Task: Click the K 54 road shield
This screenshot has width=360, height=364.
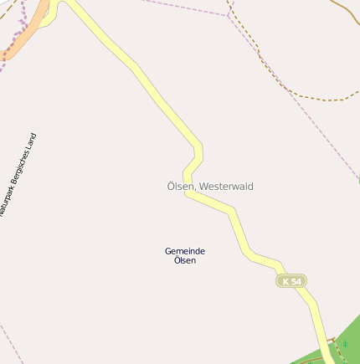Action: (x=291, y=281)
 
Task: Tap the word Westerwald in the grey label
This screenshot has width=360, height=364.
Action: (x=228, y=187)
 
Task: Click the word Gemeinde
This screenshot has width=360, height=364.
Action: (x=185, y=251)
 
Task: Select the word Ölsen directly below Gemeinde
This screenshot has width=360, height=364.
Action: (x=185, y=260)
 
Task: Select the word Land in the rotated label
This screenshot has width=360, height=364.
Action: (x=32, y=140)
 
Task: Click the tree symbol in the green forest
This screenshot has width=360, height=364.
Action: (x=345, y=344)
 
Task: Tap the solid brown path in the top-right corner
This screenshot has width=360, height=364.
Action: (x=346, y=9)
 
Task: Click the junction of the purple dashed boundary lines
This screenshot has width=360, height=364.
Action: (x=228, y=16)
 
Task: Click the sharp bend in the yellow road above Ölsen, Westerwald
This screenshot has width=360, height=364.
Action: (x=201, y=149)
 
